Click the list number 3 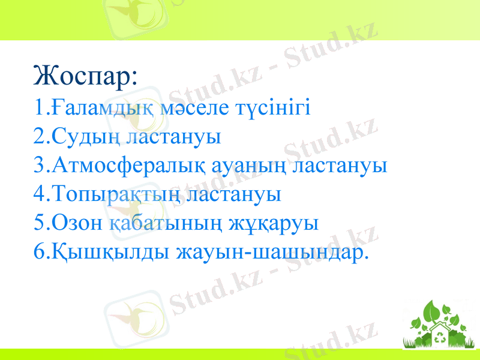click(x=40, y=166)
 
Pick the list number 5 click(x=40, y=223)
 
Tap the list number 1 click(x=40, y=109)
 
